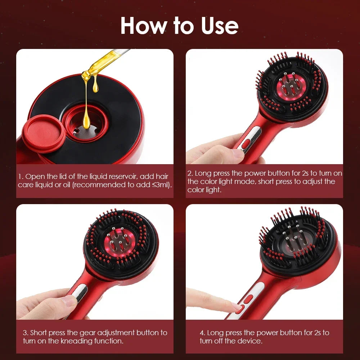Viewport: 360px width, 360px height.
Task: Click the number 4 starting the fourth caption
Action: coord(202,333)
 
